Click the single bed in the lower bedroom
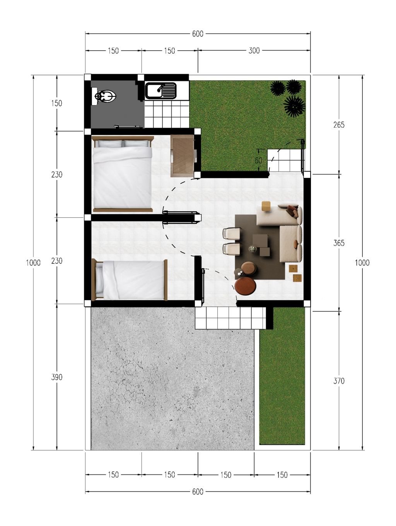130,280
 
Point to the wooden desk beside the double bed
182,156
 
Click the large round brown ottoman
245,285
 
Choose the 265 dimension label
339,125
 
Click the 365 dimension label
339,243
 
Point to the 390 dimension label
57,377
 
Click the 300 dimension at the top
254,51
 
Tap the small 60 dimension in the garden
258,161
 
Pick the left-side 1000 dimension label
33,263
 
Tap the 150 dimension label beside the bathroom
57,103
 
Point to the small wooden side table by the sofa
266,206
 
